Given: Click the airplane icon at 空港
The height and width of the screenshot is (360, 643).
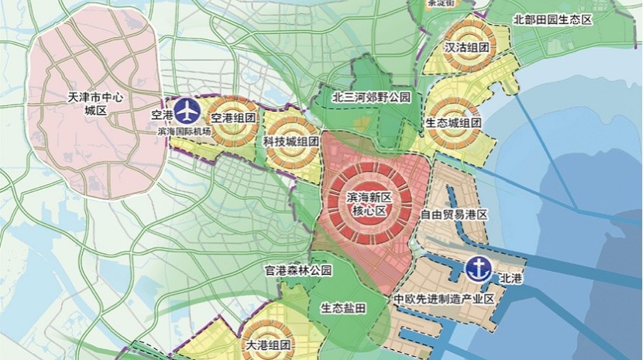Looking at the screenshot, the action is click(187, 111).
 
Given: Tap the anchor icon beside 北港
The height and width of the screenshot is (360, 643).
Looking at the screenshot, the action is click(480, 269).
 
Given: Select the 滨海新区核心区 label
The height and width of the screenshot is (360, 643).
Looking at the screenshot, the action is click(370, 204).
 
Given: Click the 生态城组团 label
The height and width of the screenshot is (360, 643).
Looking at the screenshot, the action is click(454, 123).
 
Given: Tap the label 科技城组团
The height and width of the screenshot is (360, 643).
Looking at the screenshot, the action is click(291, 142).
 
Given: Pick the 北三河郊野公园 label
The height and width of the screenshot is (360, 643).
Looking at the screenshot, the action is click(370, 98).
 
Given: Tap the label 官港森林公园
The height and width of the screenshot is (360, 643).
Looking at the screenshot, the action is click(297, 271).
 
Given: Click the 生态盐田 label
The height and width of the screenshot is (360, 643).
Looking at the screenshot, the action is click(342, 307).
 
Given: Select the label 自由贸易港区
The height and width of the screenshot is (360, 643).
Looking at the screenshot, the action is click(453, 214).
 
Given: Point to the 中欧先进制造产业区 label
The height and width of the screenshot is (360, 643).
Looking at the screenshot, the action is click(444, 300).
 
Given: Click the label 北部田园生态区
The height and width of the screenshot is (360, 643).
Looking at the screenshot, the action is click(552, 19).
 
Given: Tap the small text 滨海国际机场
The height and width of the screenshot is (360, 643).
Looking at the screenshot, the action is click(184, 132).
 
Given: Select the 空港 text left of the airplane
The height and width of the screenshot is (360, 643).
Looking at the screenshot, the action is click(160, 115).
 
